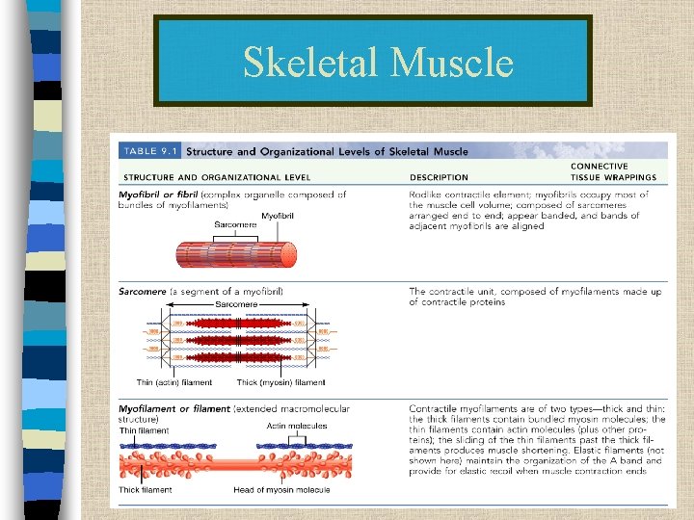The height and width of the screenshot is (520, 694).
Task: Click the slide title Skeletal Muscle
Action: tap(377, 62)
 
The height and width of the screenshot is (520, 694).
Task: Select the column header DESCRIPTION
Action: tap(439, 177)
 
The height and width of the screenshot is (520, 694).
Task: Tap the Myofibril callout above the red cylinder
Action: tap(278, 216)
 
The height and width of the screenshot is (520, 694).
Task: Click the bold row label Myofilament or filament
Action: tap(174, 409)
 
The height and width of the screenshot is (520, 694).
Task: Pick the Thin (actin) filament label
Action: tap(173, 383)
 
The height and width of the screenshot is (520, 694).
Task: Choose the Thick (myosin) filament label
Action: tap(280, 383)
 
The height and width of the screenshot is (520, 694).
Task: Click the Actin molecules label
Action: tap(296, 426)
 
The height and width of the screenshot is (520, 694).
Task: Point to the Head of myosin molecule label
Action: tap(281, 490)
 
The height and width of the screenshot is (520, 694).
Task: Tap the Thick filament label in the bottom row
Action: tap(145, 490)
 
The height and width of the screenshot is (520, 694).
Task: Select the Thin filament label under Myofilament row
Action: tap(144, 430)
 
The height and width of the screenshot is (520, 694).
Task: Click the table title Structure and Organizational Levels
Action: tap(327, 151)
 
